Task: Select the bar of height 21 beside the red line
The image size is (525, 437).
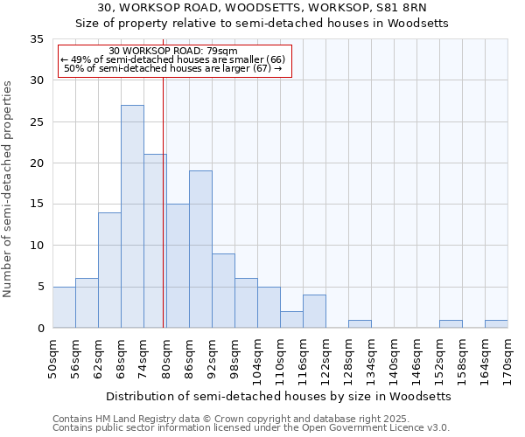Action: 155,241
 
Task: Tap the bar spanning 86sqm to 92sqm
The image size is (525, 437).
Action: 200,249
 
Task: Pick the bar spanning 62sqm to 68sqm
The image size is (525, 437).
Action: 109,270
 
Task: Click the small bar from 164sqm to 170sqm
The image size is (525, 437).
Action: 496,324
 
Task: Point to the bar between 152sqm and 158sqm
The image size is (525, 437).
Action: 451,324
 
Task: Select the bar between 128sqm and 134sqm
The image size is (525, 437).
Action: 360,324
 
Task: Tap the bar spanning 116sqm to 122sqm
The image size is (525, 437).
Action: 314,311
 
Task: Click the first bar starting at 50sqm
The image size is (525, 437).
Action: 64,308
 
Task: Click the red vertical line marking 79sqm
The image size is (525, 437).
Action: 163,201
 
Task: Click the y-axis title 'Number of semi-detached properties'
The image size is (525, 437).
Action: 9,189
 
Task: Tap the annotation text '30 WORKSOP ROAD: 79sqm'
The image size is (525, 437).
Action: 173,52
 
